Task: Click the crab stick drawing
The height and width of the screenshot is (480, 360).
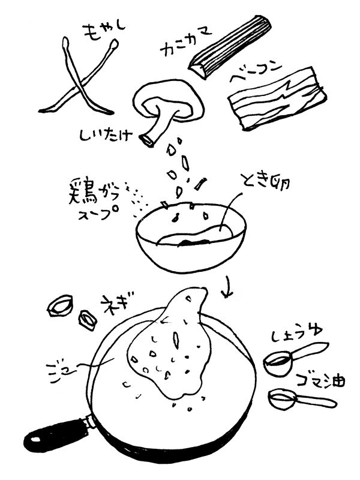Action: click(x=231, y=44)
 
